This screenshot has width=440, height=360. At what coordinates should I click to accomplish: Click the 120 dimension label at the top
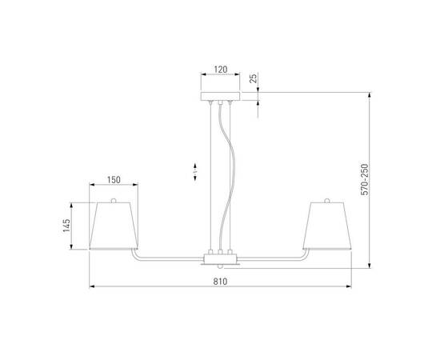pyautogui.click(x=220, y=70)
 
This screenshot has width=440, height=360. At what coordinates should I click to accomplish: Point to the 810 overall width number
pyautogui.click(x=220, y=281)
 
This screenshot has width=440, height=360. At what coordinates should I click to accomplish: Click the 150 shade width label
pyautogui.click(x=112, y=180)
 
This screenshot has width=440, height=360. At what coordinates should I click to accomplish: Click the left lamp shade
pyautogui.click(x=112, y=226)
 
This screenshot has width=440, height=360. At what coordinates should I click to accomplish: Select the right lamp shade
pyautogui.click(x=328, y=226)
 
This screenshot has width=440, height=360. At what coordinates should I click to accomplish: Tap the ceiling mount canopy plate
pyautogui.click(x=220, y=97)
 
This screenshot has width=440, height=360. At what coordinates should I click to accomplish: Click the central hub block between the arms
pyautogui.click(x=220, y=260)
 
